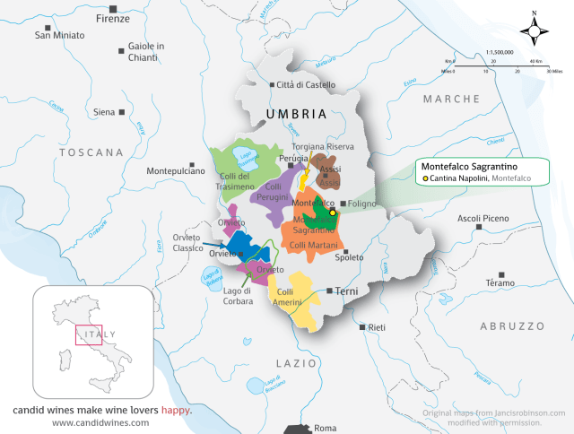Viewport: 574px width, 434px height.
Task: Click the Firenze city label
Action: tap(112, 18)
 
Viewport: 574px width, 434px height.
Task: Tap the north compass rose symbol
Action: tap(535, 31)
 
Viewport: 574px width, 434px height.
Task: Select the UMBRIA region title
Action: tap(295, 115)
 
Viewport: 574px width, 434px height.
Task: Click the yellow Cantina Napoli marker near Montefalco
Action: tap(332, 213)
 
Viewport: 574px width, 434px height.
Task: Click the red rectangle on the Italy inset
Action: tap(88, 334)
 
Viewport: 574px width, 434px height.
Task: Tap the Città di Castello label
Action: tap(306, 85)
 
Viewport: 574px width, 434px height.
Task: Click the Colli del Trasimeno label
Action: tap(237, 181)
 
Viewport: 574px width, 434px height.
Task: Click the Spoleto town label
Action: tap(349, 257)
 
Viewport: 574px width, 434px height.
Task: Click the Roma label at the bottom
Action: tap(326, 428)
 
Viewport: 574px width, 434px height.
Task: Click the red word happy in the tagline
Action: tap(177, 410)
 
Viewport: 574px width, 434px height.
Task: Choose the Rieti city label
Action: tap(377, 327)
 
